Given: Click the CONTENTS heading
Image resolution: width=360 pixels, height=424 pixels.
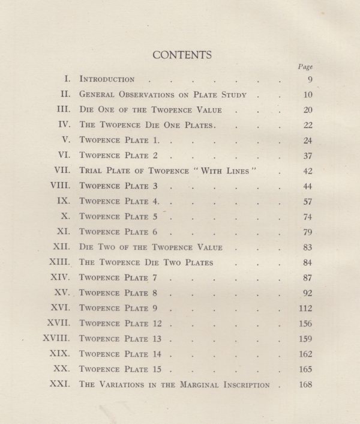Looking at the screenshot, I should pos(182,55).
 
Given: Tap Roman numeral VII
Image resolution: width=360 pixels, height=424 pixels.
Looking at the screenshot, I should pos(65,171).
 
